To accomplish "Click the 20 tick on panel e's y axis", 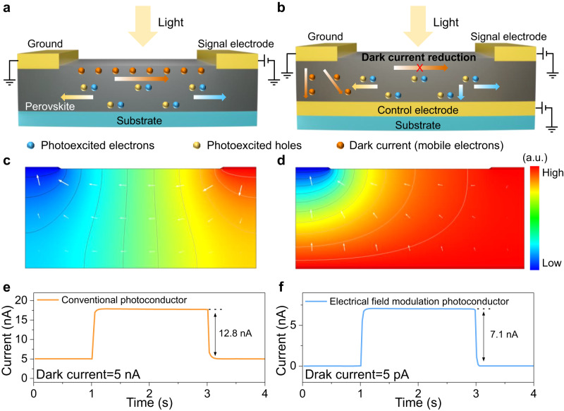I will click(20, 280).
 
